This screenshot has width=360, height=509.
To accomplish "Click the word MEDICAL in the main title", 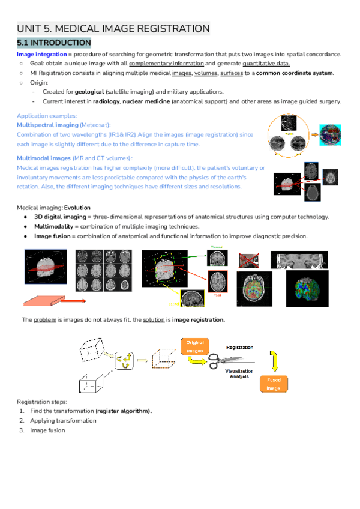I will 83,28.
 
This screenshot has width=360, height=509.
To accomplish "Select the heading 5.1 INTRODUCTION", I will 54,43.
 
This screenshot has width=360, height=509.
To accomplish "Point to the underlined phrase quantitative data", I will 266,64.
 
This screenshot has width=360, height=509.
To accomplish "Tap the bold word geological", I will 85,91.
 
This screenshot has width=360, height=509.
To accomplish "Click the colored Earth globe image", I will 331,134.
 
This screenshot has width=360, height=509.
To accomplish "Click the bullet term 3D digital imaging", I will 60,217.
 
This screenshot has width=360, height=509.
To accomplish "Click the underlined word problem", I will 47,319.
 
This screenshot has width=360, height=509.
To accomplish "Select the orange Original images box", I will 195,346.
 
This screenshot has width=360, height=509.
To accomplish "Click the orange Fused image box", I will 273,384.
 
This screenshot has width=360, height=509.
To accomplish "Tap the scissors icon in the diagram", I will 216,361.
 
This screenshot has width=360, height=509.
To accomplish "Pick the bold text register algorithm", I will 124,411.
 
